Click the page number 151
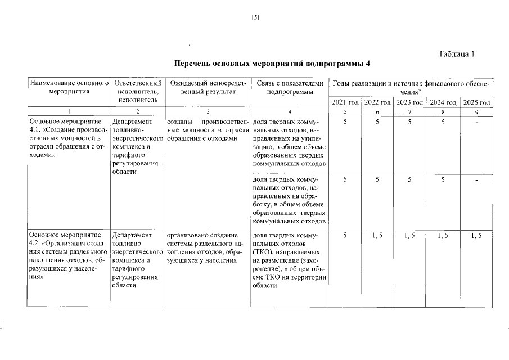(x=255, y=17)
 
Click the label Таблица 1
(x=456, y=54)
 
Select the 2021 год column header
(x=345, y=102)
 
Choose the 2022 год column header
(x=377, y=102)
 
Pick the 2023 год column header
(x=409, y=102)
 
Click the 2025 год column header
(x=476, y=102)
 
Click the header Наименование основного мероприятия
(x=69, y=88)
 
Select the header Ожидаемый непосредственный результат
(x=208, y=88)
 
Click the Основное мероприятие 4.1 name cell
(x=67, y=139)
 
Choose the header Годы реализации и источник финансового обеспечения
(x=411, y=87)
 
